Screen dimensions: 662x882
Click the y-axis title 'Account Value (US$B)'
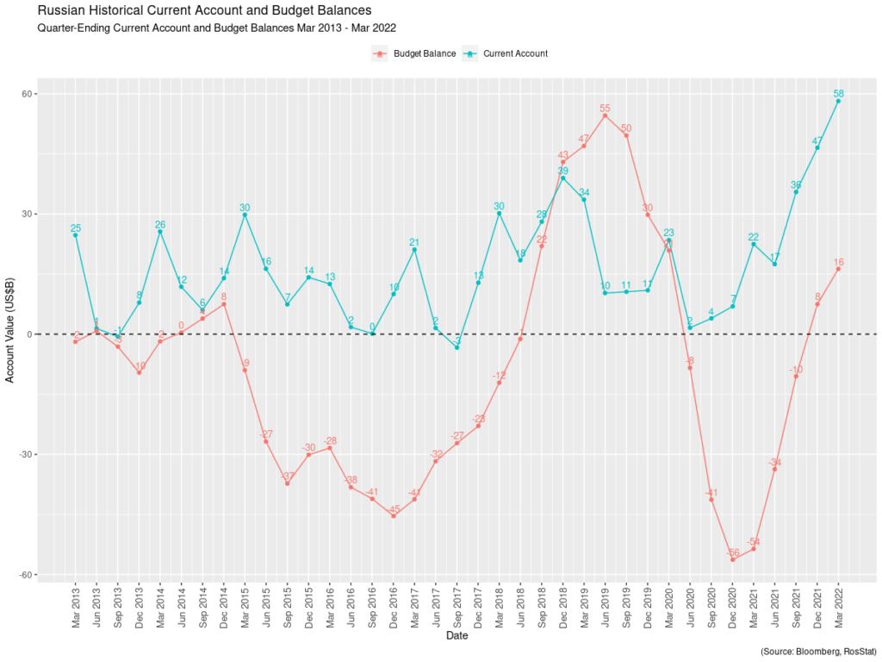[10, 334]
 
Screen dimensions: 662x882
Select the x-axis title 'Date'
[457, 636]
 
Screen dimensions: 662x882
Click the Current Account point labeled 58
[838, 101]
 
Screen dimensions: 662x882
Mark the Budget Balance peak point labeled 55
[605, 116]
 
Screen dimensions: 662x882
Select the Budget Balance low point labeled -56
[733, 559]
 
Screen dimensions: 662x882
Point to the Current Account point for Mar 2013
[76, 234]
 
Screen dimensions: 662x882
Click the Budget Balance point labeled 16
[838, 269]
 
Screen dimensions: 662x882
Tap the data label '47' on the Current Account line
[817, 141]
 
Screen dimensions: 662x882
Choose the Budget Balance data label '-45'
[394, 509]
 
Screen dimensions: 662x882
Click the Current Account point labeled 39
[563, 178]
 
